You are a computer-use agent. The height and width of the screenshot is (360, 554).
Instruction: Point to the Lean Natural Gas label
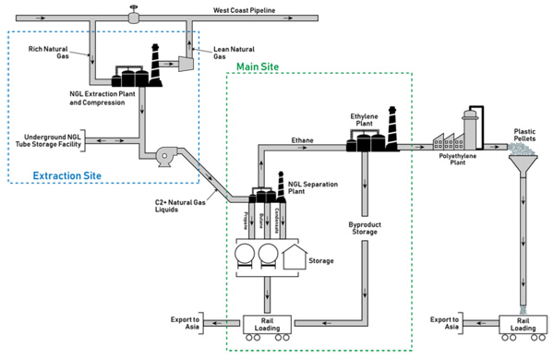pyautogui.click(x=234, y=53)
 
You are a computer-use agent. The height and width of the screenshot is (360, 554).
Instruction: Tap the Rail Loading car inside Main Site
pyautogui.click(x=268, y=325)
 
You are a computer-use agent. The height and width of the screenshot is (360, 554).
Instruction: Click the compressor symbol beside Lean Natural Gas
pyautogui.click(x=183, y=63)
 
